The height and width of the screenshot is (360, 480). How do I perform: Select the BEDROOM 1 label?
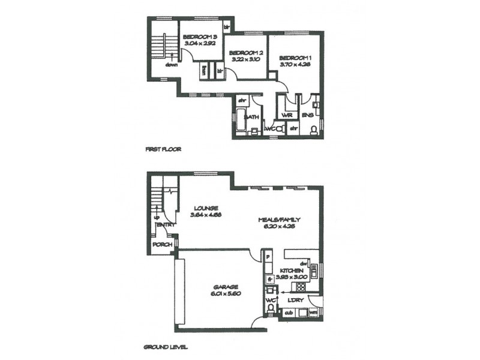tap(294, 58)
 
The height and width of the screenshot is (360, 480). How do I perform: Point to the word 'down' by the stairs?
tap(173, 64)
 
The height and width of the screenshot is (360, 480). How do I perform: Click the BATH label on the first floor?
tap(251, 118)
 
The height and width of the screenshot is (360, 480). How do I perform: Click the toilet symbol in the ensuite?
tap(312, 130)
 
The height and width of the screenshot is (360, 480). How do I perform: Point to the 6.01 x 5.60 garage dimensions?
tap(224, 294)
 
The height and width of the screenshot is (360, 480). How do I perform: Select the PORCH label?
tap(162, 245)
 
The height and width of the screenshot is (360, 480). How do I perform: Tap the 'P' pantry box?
tap(268, 258)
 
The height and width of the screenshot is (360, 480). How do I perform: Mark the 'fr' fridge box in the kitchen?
tap(271, 278)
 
